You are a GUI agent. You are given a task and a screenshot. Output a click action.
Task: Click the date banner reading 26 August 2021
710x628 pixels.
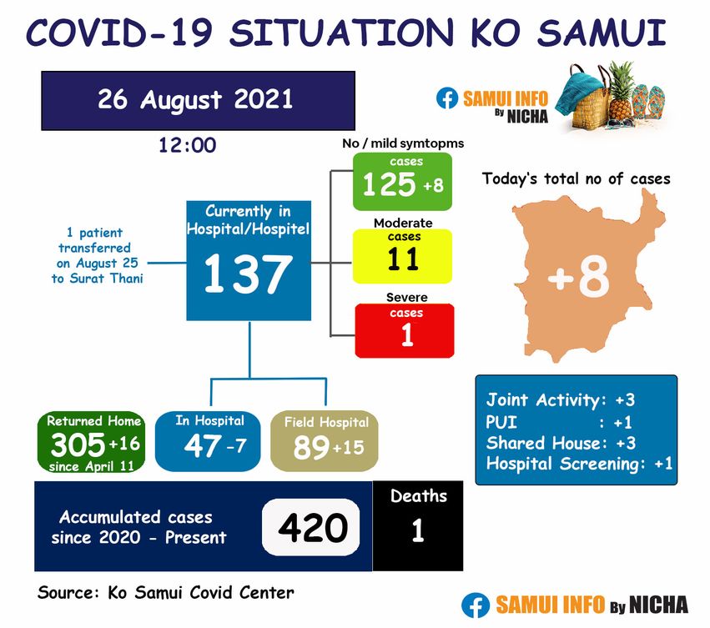[x=198, y=101]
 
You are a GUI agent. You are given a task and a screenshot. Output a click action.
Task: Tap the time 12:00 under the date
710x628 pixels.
[x=187, y=145]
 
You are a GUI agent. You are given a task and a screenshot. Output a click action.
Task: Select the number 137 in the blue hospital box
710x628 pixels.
[x=248, y=273]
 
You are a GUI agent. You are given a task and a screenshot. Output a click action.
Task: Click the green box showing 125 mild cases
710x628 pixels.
[x=402, y=181]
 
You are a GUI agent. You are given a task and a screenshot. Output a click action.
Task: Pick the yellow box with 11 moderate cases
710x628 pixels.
[x=402, y=256]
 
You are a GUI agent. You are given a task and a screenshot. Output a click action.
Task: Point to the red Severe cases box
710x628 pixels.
[x=405, y=330]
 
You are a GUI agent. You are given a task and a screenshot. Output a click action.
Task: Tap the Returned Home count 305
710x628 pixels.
[x=78, y=445]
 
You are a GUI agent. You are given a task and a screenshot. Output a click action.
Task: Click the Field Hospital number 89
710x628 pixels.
[x=311, y=447]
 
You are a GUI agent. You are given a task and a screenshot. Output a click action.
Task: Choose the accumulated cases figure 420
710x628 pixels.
[x=313, y=527]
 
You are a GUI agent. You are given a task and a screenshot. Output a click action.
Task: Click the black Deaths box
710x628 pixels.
[x=417, y=525]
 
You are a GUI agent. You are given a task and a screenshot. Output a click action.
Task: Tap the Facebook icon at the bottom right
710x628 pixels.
[x=476, y=605]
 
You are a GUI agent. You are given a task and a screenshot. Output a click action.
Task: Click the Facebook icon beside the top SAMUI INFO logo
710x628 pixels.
[x=447, y=98]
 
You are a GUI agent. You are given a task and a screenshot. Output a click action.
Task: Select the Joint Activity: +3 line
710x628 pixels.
[x=561, y=399]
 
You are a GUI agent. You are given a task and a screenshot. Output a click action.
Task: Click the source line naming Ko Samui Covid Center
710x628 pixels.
[x=166, y=592]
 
